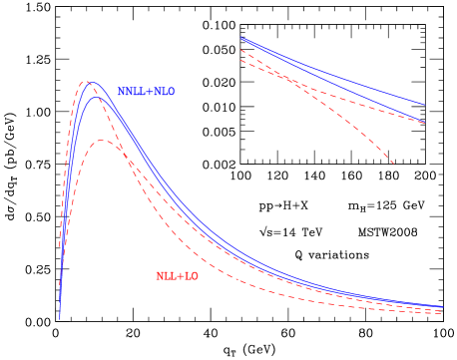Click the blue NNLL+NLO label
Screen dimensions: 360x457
[147, 92]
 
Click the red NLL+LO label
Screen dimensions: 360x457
[177, 276]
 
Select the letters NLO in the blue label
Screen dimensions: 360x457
[165, 92]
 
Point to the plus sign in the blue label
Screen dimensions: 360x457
[150, 92]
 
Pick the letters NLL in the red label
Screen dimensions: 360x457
[166, 276]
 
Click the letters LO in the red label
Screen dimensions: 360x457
[192, 276]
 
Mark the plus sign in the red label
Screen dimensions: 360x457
[181, 276]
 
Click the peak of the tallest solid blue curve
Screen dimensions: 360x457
[93, 82]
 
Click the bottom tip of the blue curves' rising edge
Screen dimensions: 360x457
[60, 320]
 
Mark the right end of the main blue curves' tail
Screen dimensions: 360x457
[442, 307]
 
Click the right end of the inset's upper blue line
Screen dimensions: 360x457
[424, 104]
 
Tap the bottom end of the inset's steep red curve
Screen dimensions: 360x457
[394, 165]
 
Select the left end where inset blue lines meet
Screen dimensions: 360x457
[240, 38]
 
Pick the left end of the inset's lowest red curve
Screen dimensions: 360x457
[240, 61]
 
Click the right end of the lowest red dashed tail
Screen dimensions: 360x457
[442, 315]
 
